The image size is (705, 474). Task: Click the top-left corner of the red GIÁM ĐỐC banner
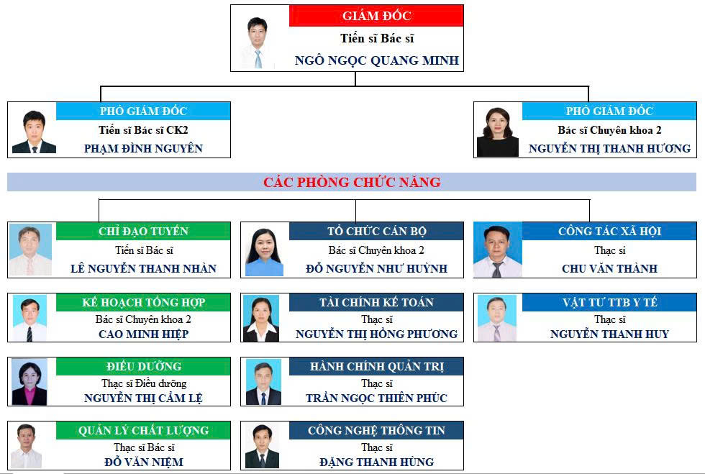coord(289,6)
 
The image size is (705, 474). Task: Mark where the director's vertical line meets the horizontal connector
coord(355,86)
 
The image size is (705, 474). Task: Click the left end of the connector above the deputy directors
coord(101,86)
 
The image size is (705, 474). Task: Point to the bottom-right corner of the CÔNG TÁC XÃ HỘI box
coord(696,278)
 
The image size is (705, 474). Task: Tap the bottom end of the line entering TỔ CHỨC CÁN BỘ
coord(355,222)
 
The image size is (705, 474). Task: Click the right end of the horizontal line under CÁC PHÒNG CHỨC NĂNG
coord(589,199)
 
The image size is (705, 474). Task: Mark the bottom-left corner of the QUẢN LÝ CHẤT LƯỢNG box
coord(8,470)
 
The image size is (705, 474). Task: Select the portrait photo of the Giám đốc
coord(258,42)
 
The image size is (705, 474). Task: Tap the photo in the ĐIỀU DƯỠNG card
coord(29,382)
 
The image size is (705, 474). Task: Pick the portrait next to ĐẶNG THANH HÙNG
coord(262,446)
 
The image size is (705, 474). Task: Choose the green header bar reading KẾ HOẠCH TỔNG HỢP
coord(143,302)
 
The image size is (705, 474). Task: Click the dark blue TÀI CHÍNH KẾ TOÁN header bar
coord(376,302)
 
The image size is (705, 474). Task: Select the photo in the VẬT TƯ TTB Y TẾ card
coord(497,318)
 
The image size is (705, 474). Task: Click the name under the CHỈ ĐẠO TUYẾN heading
coord(143,268)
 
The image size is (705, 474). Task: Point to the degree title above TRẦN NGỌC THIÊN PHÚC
coord(377,383)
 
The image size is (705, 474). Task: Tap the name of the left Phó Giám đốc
coord(143,148)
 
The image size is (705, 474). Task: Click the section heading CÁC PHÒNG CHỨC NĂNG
coord(352,182)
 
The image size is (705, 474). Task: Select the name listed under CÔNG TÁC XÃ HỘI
coord(609,268)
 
